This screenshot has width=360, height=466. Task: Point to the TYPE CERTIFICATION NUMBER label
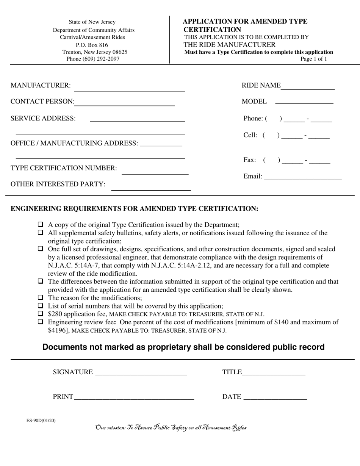[64, 168]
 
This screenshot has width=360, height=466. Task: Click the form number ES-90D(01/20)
[41, 420]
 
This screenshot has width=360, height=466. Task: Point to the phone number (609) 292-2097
[93, 59]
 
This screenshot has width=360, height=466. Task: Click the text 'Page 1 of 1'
[313, 59]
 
